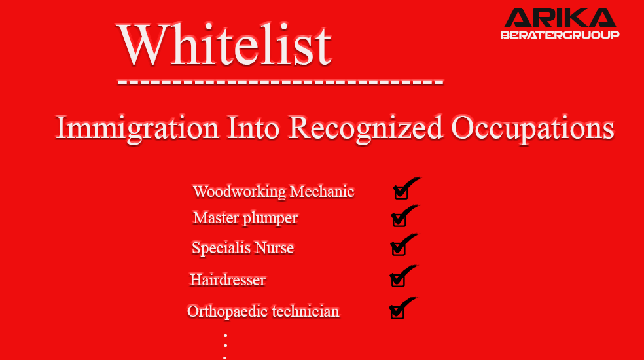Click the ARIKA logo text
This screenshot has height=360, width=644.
pyautogui.click(x=560, y=18)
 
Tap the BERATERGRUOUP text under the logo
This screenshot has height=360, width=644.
pyautogui.click(x=560, y=35)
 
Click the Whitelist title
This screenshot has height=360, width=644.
pyautogui.click(x=224, y=44)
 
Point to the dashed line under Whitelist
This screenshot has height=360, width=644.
pyautogui.click(x=281, y=82)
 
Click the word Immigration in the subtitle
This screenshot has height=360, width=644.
pyautogui.click(x=137, y=129)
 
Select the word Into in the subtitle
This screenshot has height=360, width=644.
pyautogui.click(x=253, y=128)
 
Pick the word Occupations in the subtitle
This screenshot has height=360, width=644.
pyautogui.click(x=533, y=129)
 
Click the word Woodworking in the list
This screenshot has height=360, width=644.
pyautogui.click(x=240, y=192)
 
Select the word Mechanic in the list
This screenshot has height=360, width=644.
pyautogui.click(x=322, y=192)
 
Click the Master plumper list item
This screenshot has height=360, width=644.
pyautogui.click(x=245, y=218)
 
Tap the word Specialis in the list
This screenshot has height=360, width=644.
pyautogui.click(x=221, y=248)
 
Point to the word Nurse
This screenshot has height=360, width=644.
pyautogui.click(x=274, y=248)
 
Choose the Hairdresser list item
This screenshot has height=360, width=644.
pyautogui.click(x=228, y=280)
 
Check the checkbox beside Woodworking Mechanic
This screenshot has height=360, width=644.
pyautogui.click(x=401, y=192)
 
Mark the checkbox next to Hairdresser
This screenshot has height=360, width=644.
pyautogui.click(x=397, y=280)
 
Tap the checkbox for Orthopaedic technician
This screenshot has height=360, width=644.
pyautogui.click(x=397, y=312)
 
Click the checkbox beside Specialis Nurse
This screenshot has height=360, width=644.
pyautogui.click(x=399, y=248)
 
